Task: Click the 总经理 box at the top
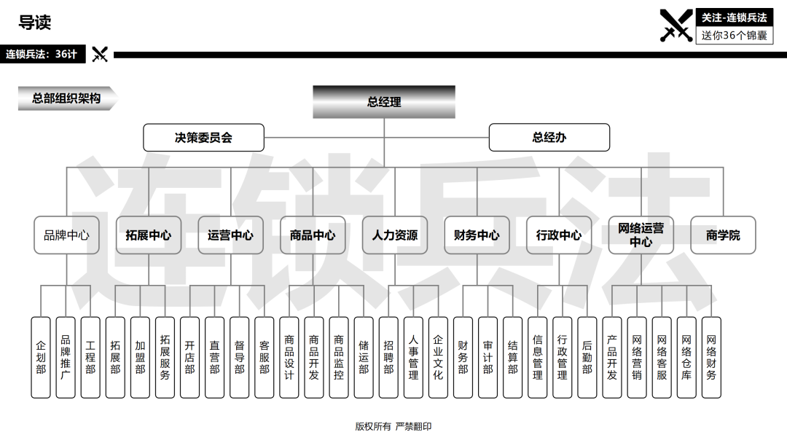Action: point(384,102)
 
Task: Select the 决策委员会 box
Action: point(203,138)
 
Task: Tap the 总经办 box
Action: point(549,138)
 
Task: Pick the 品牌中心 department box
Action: point(66,235)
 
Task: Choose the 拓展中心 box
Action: point(149,235)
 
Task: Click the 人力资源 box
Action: point(395,235)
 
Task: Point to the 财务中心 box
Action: point(477,235)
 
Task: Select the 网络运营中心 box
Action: point(641,235)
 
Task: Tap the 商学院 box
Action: point(724,235)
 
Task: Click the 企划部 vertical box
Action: point(41,358)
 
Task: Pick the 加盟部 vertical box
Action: point(140,358)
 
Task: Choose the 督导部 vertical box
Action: point(240,358)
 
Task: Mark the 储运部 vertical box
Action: point(364,358)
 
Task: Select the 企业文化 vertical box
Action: point(438,358)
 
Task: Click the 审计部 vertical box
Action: point(488,358)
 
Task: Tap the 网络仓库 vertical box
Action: point(686,358)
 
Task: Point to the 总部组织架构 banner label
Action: point(67,98)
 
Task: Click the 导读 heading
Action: point(35,23)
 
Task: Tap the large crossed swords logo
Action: point(676,26)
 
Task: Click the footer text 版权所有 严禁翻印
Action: point(393,426)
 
